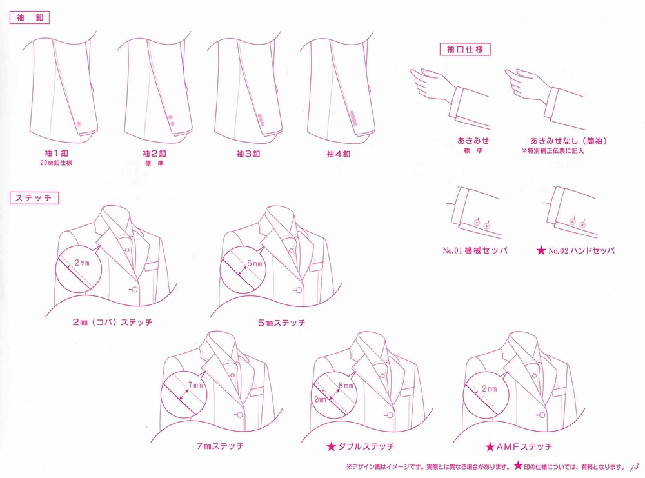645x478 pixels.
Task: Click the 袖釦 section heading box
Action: click(x=29, y=17)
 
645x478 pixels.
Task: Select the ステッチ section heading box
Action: click(x=34, y=198)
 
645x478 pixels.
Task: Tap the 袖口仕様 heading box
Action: click(x=465, y=50)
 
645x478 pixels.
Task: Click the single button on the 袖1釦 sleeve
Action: click(x=79, y=124)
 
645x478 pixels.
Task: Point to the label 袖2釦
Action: click(x=154, y=154)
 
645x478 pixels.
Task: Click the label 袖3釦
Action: click(x=248, y=154)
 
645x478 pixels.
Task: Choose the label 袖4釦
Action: click(x=338, y=154)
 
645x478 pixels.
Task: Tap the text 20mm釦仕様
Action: click(x=56, y=163)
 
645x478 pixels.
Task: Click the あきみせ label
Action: click(x=473, y=141)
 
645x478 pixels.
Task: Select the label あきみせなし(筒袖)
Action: click(x=568, y=141)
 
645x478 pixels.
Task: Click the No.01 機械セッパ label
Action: click(x=475, y=250)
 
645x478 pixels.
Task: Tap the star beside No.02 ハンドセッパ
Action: click(x=541, y=250)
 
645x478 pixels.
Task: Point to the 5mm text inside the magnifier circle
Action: click(x=255, y=263)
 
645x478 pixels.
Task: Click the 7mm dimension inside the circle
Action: click(x=195, y=385)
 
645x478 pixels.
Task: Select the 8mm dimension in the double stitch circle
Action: click(x=346, y=386)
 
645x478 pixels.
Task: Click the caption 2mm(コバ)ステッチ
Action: click(x=112, y=322)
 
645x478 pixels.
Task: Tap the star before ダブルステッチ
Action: click(x=331, y=446)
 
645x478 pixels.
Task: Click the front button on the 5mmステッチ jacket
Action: click(x=299, y=290)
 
